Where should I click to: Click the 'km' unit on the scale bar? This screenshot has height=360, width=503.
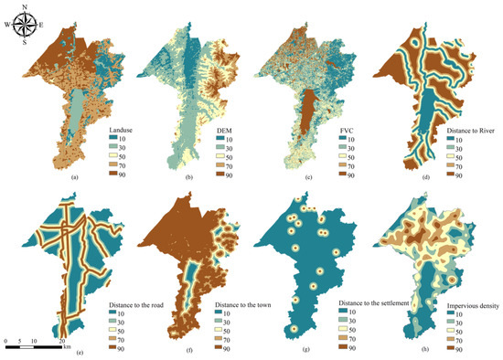[67, 342]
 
